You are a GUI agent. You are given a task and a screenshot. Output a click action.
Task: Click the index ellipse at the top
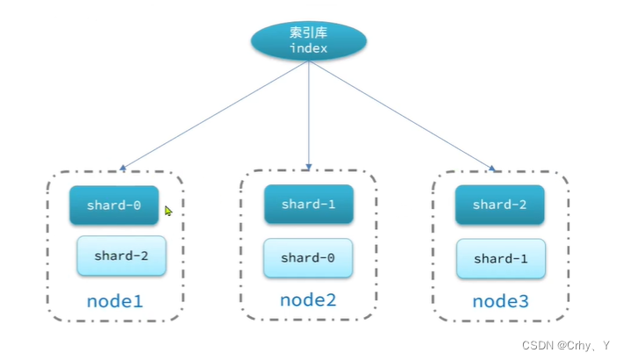coord(308,41)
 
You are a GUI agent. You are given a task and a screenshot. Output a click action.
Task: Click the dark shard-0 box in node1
coord(114,205)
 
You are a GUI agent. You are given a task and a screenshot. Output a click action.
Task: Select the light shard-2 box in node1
coord(121,256)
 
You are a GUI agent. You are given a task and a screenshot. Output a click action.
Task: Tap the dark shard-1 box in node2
coord(309,204)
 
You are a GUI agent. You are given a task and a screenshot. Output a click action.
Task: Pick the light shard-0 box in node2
coord(308,258)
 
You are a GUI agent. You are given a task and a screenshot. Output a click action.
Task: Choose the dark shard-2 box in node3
coord(500,205)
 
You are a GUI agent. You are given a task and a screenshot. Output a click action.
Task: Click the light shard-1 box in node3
coord(500,259)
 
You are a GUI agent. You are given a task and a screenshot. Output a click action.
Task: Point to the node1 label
coord(114,301)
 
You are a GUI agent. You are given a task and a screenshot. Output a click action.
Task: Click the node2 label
coord(308,300)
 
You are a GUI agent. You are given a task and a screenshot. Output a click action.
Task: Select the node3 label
coord(500,301)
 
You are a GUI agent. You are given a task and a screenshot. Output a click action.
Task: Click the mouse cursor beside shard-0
coord(168,210)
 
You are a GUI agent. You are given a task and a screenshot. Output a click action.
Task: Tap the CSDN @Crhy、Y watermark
coord(565,346)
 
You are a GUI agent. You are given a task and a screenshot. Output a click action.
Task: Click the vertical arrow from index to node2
coord(309,114)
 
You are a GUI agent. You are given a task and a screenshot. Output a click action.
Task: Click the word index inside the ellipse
coord(308,49)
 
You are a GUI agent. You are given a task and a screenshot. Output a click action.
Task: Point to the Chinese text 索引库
coord(308,33)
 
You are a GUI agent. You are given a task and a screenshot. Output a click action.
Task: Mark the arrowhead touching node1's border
coord(123,167)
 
